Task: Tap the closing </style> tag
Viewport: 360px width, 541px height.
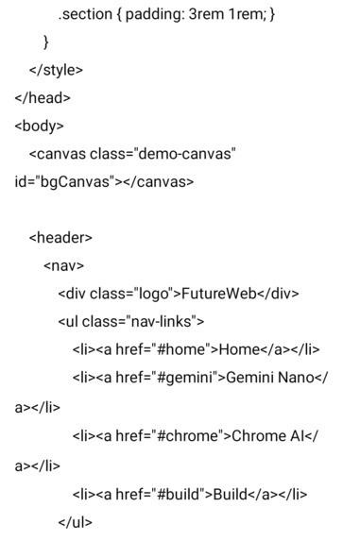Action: coord(56,69)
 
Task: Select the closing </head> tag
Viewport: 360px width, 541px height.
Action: coord(42,96)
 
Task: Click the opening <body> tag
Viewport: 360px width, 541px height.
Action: coord(39,125)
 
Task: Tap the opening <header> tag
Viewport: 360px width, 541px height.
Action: coord(60,237)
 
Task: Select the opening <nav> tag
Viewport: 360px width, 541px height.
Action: coord(63,265)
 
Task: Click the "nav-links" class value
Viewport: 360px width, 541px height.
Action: coord(161,321)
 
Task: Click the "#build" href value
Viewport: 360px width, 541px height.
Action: coord(171,493)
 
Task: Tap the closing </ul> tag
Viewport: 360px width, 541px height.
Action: coord(75,521)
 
